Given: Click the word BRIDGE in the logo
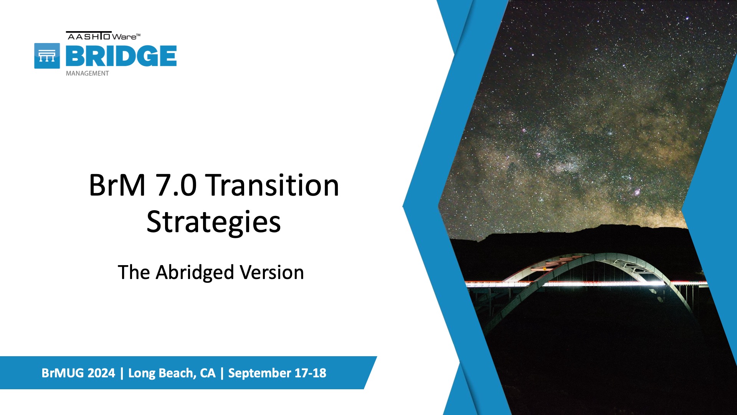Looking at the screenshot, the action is [x=121, y=56].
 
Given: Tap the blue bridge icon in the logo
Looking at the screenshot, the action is [x=47, y=56].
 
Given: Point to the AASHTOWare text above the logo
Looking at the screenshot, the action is [x=103, y=36].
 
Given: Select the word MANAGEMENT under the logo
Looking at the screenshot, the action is [x=87, y=73].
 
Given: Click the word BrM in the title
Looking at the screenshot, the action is [x=117, y=185].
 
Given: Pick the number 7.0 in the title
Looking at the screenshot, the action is [x=176, y=185].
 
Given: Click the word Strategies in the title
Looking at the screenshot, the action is [x=213, y=222].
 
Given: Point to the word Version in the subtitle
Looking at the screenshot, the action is [x=272, y=272].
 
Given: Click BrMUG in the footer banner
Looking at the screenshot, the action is [x=63, y=373].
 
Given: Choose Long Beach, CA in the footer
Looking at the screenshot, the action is [x=172, y=373].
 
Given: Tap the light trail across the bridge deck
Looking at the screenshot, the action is [x=586, y=284].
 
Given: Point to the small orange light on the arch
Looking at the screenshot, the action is [x=544, y=269].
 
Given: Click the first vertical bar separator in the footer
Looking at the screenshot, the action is [x=122, y=373].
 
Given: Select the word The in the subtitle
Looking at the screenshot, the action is [x=134, y=272].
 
